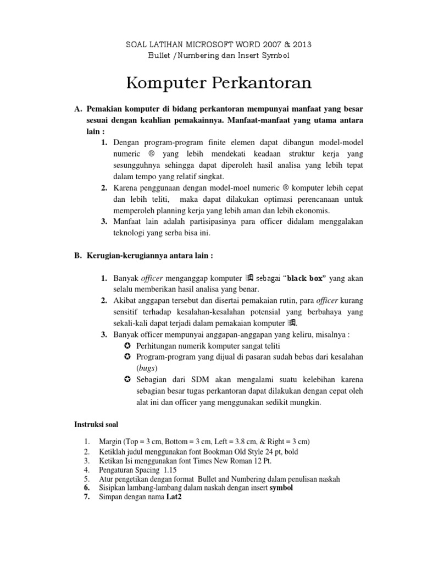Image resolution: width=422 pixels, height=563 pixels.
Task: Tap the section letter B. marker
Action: point(78,256)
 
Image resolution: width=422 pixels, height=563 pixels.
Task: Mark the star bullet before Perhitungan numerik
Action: point(127,346)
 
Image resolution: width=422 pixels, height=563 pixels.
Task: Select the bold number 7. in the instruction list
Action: point(87,496)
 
